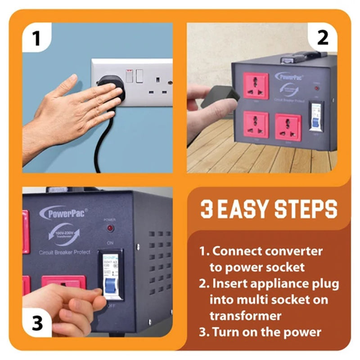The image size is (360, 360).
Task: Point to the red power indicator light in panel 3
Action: (x=110, y=228)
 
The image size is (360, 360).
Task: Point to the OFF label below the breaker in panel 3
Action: (x=110, y=306)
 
